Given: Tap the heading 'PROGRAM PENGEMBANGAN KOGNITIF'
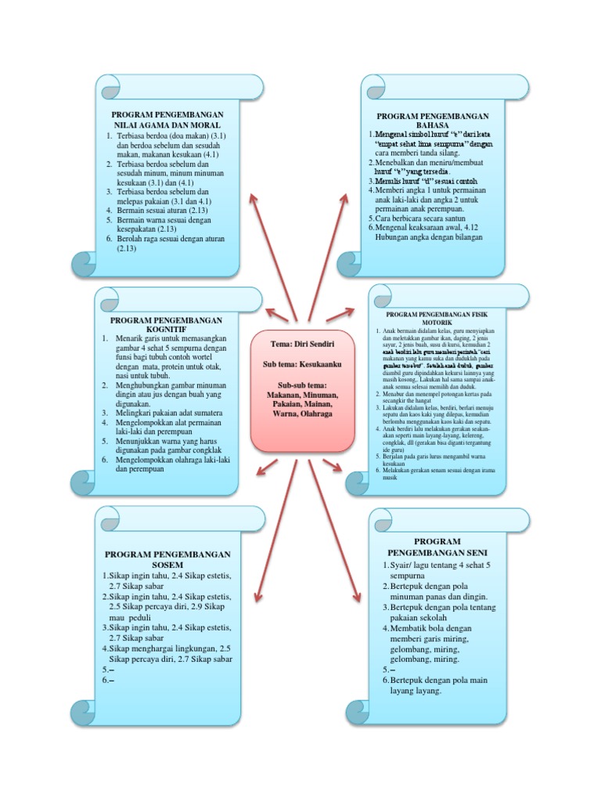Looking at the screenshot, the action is coord(166,325).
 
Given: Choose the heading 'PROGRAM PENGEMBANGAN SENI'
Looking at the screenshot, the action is coord(437,547).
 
